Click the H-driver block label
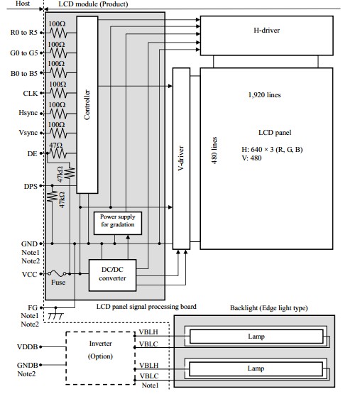pyautogui.click(x=266, y=31)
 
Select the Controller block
pyautogui.click(x=87, y=105)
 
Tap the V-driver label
pyautogui.click(x=181, y=158)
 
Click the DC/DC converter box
pyautogui.click(x=112, y=275)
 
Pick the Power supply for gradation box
pyautogui.click(x=118, y=223)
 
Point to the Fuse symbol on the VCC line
pyautogui.click(x=58, y=273)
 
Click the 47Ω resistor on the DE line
pyautogui.click(x=58, y=153)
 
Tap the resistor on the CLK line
pyautogui.click(x=58, y=93)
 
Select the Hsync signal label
pyautogui.click(x=28, y=113)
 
